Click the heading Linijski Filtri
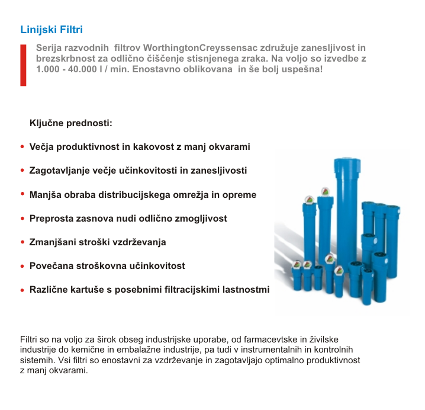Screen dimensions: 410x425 click(x=51, y=29)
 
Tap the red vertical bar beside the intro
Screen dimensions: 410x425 click(x=23, y=65)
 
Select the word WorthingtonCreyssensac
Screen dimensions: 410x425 click(x=195, y=48)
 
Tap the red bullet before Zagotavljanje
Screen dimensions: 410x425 click(x=22, y=171)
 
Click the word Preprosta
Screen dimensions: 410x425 click(x=50, y=218)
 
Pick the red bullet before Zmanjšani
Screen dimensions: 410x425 click(x=22, y=243)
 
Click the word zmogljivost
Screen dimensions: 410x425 click(x=200, y=218)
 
